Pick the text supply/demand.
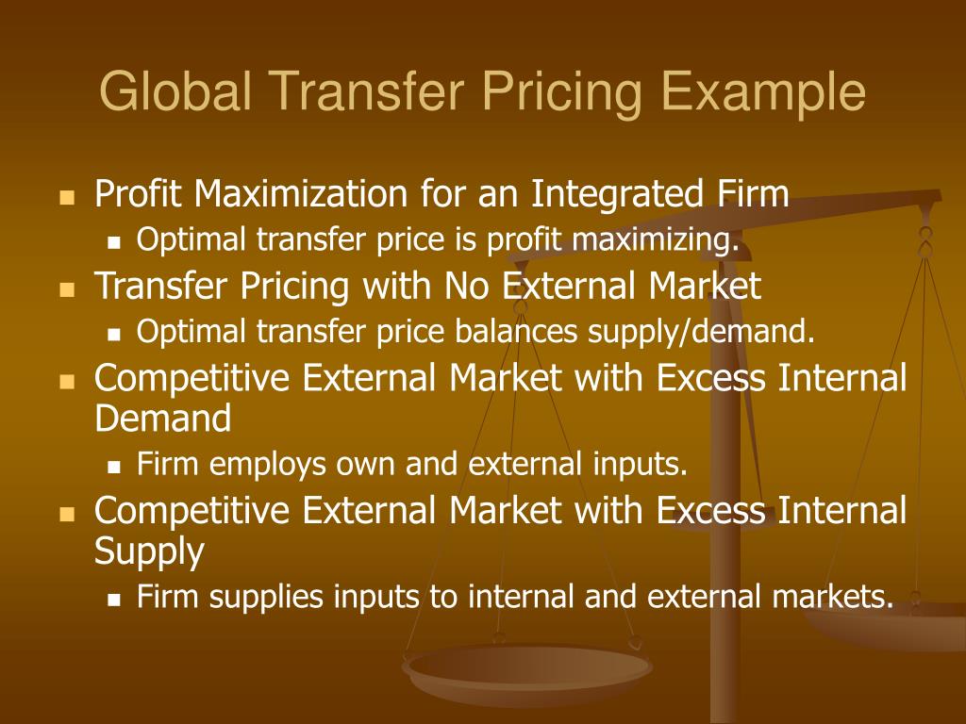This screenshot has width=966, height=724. [701, 331]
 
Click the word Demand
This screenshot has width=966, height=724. [163, 419]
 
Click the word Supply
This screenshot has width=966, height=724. [149, 551]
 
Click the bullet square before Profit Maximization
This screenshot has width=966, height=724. [66, 198]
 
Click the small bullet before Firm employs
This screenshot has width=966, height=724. [114, 466]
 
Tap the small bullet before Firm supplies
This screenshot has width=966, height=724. [114, 599]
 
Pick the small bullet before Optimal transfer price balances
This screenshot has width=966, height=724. [114, 333]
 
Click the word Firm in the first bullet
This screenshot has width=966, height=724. [750, 195]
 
